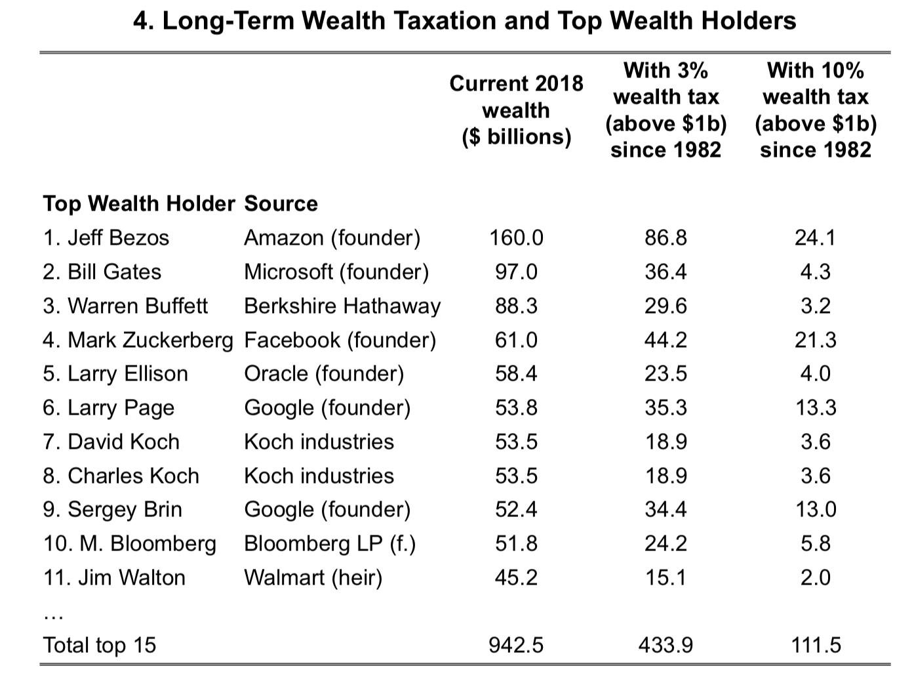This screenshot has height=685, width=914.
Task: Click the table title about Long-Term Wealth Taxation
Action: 464,21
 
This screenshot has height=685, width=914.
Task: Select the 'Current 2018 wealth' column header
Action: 516,110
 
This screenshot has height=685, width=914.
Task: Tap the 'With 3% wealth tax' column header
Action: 666,110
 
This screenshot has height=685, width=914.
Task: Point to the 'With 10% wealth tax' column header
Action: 815,110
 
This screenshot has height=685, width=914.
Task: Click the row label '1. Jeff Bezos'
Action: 106,238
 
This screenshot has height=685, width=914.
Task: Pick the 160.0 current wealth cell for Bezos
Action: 516,238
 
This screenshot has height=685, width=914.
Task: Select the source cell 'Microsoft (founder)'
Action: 336,272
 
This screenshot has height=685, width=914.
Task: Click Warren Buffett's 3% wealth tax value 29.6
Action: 666,306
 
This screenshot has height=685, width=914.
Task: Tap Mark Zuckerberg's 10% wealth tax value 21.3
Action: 815,340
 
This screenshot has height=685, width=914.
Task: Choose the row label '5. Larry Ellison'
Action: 115,373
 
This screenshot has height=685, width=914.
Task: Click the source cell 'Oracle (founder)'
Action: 324,373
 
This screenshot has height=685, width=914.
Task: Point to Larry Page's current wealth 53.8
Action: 516,407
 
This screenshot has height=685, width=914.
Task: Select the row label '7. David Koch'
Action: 111,442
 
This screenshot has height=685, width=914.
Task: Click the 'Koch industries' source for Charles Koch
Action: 319,476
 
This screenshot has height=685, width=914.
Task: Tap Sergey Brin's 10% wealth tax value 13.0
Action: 815,509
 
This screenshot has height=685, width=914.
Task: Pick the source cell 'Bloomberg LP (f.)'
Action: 330,543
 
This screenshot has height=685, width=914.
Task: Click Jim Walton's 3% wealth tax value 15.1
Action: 666,577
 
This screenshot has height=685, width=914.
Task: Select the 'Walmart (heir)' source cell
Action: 313,577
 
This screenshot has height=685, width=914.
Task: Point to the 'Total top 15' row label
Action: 100,645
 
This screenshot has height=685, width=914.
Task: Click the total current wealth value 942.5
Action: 516,645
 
